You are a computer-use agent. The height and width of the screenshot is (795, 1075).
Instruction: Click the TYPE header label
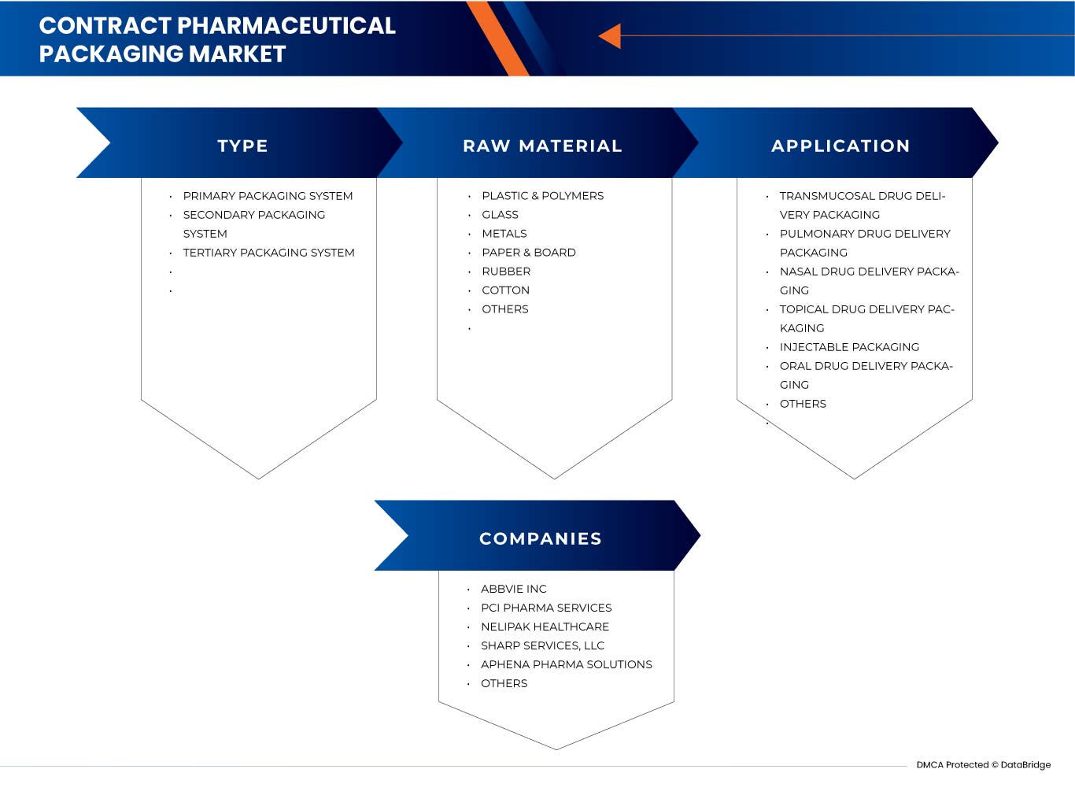point(242,146)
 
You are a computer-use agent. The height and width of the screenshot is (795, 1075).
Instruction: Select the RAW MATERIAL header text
point(542,146)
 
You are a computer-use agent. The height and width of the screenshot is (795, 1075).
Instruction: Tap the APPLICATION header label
point(840,146)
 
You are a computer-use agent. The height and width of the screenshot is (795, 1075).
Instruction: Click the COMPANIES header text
point(541,538)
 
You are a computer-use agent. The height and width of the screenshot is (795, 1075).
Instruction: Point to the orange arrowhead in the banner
point(611,36)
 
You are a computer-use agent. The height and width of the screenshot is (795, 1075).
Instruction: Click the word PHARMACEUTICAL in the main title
point(286,26)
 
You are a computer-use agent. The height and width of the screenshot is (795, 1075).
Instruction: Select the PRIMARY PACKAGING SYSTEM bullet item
point(268,196)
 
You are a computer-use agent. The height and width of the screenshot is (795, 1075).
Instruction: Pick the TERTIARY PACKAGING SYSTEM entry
point(268,253)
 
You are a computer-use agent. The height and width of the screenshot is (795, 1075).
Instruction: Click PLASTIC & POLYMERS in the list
point(542,196)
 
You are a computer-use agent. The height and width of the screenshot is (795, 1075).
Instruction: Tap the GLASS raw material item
point(500,215)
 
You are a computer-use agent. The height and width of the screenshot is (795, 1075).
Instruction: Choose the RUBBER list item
point(506,272)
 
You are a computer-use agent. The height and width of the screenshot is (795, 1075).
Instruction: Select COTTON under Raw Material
point(505,290)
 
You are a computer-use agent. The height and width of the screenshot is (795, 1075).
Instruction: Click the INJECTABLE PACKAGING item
point(849,347)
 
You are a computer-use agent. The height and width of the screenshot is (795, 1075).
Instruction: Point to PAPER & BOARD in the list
point(528,253)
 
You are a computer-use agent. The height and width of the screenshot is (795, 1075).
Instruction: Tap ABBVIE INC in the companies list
point(513,589)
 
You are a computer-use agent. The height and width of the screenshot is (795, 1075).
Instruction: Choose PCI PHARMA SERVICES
point(546,608)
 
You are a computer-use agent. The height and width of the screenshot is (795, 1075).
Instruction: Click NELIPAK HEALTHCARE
point(545,627)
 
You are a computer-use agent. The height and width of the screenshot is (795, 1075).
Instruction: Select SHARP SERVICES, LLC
point(542,645)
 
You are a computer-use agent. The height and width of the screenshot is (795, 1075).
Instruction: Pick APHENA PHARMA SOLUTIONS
point(566,664)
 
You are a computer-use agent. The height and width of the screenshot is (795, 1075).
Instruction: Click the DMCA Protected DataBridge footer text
point(984,765)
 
